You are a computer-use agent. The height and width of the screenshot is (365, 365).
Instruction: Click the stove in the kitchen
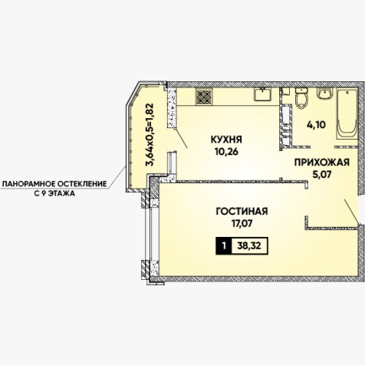(x=204, y=97)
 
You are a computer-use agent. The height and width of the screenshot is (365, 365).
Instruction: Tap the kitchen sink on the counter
(x=263, y=94)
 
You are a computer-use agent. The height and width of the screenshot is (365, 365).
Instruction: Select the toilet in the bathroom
(x=301, y=98)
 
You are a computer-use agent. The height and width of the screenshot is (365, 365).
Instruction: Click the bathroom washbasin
(x=324, y=94)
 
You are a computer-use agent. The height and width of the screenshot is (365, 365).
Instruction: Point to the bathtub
(x=347, y=114)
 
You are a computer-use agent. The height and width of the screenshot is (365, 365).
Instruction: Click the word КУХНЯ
(x=226, y=140)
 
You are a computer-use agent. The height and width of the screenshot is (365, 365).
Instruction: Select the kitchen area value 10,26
(x=226, y=152)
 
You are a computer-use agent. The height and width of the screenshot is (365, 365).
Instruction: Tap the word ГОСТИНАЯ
(x=242, y=212)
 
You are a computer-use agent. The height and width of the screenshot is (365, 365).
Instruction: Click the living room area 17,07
(x=242, y=224)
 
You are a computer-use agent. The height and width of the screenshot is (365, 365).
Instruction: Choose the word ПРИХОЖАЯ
(x=322, y=163)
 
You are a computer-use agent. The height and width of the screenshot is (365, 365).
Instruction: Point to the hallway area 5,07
(x=322, y=175)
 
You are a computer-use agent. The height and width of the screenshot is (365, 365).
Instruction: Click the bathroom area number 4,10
(x=316, y=125)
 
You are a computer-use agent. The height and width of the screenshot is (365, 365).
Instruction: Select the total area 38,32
(x=249, y=246)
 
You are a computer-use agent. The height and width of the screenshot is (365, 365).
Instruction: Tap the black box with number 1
(x=224, y=246)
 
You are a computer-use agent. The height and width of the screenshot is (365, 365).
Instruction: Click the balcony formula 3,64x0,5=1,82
(x=150, y=135)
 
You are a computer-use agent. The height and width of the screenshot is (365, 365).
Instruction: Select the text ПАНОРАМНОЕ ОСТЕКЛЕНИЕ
(x=54, y=183)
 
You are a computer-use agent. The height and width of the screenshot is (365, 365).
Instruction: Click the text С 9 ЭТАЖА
(x=54, y=193)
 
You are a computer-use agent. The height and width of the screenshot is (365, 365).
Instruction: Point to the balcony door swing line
(x=181, y=139)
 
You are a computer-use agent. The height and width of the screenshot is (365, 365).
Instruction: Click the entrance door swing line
(x=351, y=212)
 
